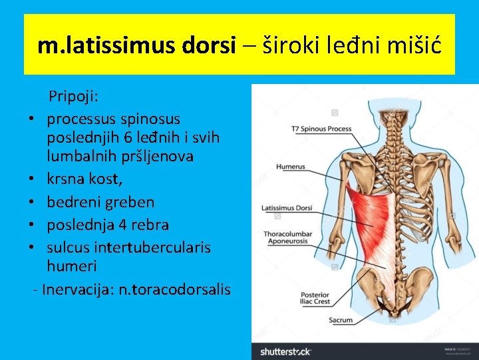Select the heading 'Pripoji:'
73,97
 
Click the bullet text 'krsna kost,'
84,179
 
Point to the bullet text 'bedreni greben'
100,202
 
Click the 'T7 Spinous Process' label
321,129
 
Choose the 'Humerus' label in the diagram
291,167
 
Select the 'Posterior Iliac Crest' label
314,299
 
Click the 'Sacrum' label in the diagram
341,320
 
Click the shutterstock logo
285,351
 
